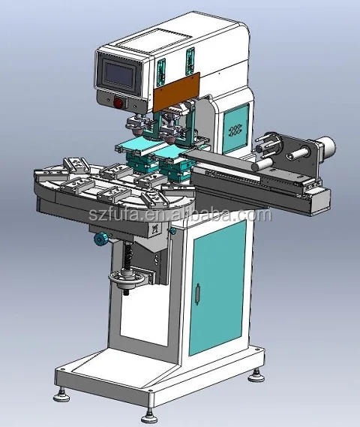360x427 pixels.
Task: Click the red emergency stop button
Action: [x=118, y=103]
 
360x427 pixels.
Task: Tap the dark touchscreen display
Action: [x=120, y=74]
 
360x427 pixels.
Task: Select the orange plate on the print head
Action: [x=177, y=92]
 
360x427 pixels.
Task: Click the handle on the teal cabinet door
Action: [x=197, y=294]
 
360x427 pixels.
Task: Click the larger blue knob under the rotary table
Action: [x=100, y=239]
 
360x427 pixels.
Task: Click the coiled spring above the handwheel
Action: [x=128, y=255]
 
